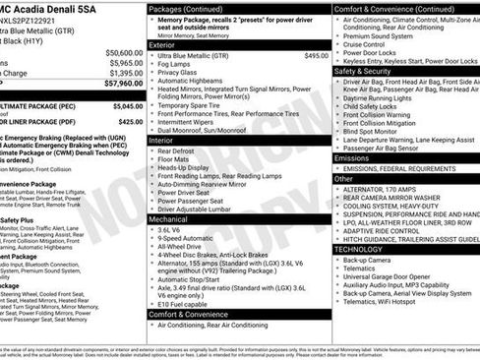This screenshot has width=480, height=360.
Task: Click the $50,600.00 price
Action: pos(124,53)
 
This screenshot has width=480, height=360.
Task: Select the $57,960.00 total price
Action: pos(124,83)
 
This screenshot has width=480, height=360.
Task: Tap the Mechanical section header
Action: pos(167,218)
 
